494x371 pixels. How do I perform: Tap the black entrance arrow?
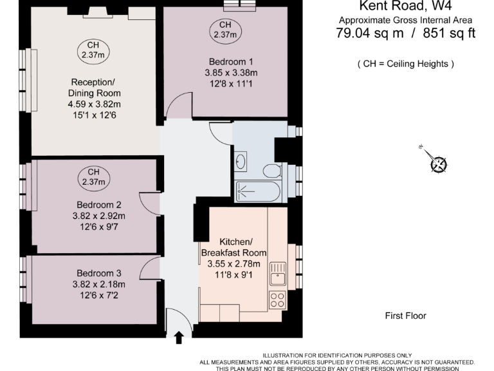click(179, 338)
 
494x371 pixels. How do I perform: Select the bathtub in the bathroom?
click(258, 191)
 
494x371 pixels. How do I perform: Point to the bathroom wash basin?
click(241, 160)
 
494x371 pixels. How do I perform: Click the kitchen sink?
click(278, 273)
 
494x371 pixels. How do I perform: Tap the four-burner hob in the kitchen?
click(278, 300)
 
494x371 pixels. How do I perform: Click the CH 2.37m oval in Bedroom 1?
click(225, 30)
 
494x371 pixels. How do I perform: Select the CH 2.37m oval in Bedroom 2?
click(94, 177)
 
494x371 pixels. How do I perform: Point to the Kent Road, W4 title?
click(405, 6)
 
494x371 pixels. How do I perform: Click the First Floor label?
click(405, 316)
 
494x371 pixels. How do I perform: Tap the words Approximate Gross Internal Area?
click(405, 20)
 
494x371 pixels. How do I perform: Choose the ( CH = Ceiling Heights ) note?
click(405, 64)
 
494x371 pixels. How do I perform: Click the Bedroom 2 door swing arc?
click(149, 204)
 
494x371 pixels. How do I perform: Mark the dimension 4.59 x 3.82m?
click(95, 104)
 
